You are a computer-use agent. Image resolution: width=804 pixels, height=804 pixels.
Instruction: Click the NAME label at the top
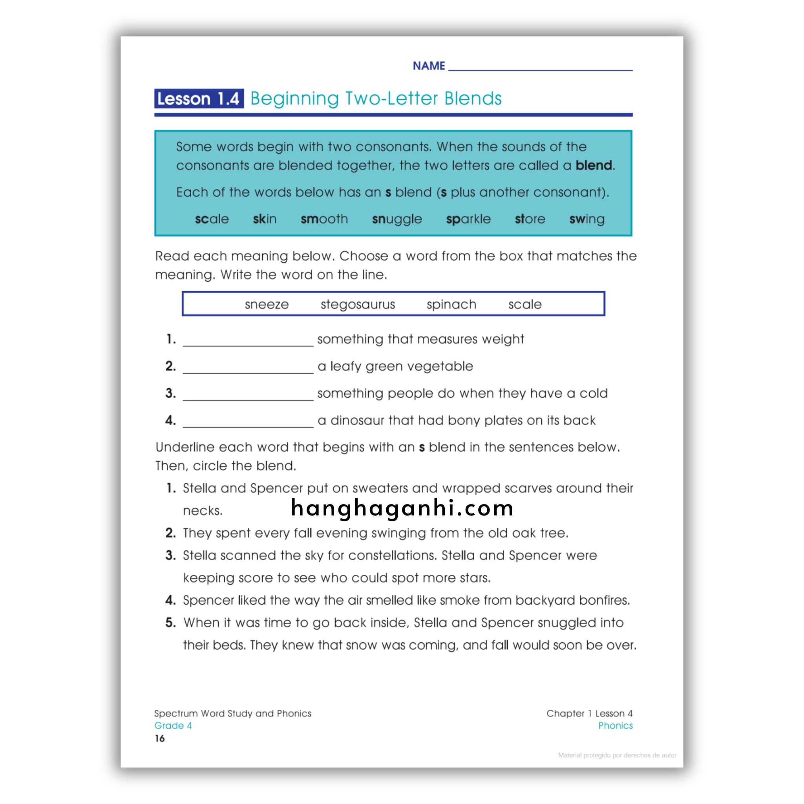coord(429,66)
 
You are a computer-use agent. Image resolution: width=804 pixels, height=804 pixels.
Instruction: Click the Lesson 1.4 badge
coord(199,99)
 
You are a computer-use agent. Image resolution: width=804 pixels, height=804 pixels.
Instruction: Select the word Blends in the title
coord(473,99)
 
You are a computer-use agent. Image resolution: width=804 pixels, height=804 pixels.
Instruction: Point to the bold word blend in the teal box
coord(594,166)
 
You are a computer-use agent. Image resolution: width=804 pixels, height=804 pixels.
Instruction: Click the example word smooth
coord(324,219)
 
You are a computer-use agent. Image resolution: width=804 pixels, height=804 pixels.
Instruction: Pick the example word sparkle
coord(468,219)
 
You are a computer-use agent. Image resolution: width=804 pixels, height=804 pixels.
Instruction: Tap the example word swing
coord(587,219)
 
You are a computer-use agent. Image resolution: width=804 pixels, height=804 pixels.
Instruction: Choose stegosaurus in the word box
coord(358,305)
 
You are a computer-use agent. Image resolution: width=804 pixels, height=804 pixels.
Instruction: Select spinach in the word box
coord(451,305)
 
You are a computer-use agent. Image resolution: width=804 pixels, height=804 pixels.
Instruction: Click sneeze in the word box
coord(266,305)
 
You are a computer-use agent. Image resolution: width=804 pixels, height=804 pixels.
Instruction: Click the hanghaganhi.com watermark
coord(402,508)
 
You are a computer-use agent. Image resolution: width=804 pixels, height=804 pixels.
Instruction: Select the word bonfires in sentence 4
coord(604,600)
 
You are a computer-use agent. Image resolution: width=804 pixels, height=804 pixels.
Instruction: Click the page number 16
coord(160,738)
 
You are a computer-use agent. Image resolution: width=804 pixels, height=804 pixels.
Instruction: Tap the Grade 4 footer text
coord(173,726)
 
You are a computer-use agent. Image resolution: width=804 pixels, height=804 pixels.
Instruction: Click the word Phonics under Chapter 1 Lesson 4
coord(615,726)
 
